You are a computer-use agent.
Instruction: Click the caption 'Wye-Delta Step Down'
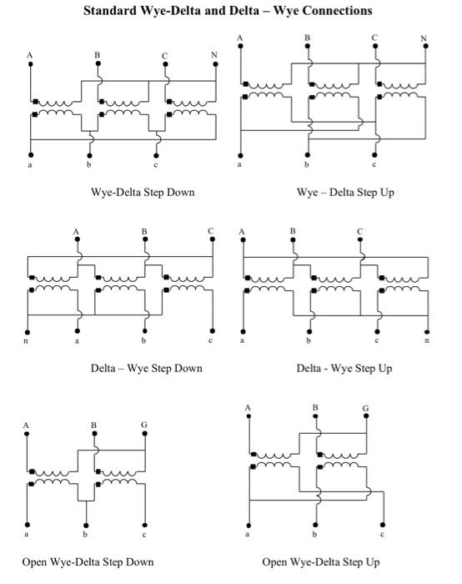click(143, 193)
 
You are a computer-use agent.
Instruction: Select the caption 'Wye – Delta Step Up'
click(344, 193)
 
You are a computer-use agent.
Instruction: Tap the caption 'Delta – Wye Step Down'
click(146, 368)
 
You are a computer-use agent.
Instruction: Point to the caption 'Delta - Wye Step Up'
click(344, 368)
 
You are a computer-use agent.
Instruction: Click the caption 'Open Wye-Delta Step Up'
click(320, 561)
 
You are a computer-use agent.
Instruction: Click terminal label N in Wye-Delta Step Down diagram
click(215, 55)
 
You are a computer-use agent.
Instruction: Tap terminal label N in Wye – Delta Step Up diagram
click(424, 38)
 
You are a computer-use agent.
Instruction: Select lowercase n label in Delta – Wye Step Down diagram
click(28, 340)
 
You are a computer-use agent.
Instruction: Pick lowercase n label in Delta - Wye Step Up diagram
click(427, 340)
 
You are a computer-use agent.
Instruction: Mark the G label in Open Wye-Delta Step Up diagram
click(365, 408)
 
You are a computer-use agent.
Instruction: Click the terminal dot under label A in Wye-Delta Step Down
click(30, 64)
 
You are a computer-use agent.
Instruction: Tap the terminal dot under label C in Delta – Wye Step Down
click(212, 239)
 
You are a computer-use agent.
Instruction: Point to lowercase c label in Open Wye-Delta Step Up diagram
click(383, 533)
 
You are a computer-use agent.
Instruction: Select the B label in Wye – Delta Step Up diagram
click(307, 38)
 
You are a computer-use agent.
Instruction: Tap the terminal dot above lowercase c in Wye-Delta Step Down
click(155, 154)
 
